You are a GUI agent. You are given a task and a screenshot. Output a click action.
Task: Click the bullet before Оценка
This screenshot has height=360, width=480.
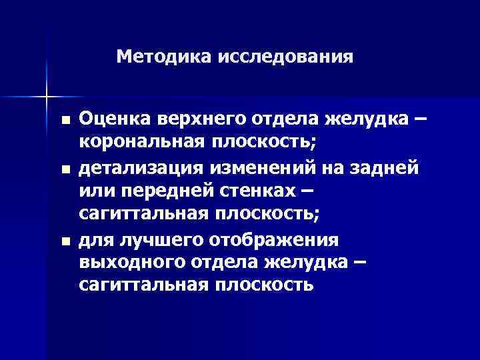click(64, 121)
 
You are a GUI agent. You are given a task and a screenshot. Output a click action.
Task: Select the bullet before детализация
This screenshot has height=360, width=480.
click(64, 170)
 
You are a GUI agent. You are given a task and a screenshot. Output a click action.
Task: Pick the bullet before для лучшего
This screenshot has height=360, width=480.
click(64, 241)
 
